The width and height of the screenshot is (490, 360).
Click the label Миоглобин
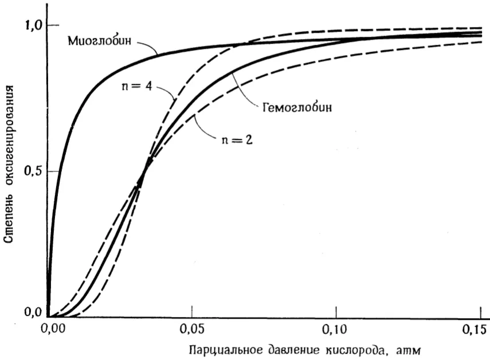click(x=99, y=41)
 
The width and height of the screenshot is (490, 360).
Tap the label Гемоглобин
click(x=297, y=108)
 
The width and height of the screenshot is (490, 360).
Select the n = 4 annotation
click(x=136, y=86)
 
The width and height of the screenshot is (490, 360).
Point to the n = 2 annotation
click(x=237, y=139)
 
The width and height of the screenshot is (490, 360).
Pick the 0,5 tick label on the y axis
click(x=33, y=171)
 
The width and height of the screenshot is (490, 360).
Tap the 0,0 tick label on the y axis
click(x=33, y=312)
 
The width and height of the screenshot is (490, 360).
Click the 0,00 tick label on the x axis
click(x=53, y=329)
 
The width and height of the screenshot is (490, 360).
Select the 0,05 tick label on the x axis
click(x=192, y=329)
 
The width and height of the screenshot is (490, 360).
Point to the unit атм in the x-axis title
click(x=408, y=351)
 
